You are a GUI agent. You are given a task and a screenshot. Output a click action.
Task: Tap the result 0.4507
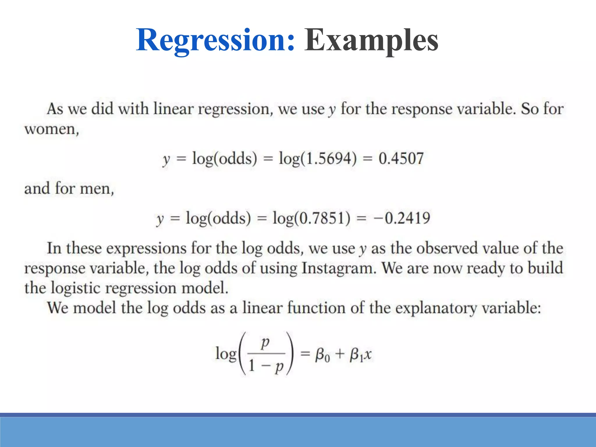[401, 159]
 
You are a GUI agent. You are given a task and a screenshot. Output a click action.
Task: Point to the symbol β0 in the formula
[322, 355]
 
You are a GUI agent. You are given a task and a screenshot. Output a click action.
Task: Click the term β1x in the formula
[360, 355]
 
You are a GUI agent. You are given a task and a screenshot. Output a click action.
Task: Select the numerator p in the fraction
[265, 343]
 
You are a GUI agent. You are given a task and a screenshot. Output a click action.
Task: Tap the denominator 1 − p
[266, 366]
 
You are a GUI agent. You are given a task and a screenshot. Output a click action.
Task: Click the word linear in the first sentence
[173, 109]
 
